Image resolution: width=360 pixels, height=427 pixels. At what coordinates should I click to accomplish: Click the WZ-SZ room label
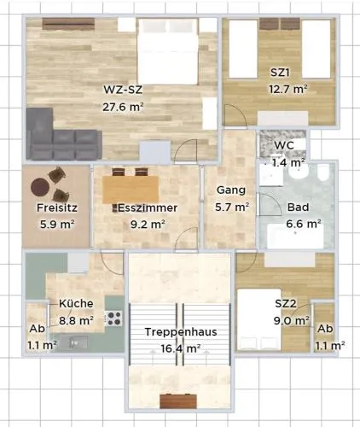pyautogui.click(x=123, y=90)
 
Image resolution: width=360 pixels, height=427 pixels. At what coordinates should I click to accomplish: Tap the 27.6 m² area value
pyautogui.click(x=123, y=107)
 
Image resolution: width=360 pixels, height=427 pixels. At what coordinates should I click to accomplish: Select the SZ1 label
pyautogui.click(x=280, y=73)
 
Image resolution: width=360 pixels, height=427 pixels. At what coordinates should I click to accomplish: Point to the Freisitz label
pyautogui.click(x=57, y=208)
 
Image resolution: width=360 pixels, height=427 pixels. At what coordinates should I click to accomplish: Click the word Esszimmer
pyautogui.click(x=148, y=208)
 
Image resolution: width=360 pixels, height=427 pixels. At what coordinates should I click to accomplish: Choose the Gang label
pyautogui.click(x=231, y=190)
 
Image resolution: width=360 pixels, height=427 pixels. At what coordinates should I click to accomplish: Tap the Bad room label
pyautogui.click(x=298, y=207)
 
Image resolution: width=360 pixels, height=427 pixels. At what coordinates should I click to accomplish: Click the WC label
pyautogui.click(x=284, y=145)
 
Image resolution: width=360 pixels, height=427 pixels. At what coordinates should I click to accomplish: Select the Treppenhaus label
pyautogui.click(x=181, y=332)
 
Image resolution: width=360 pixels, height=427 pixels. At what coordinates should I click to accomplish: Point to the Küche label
pyautogui.click(x=76, y=303)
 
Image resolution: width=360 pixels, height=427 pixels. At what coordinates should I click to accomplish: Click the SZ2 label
pyautogui.click(x=286, y=303)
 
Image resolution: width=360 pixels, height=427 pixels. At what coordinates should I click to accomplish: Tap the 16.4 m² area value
pyautogui.click(x=181, y=348)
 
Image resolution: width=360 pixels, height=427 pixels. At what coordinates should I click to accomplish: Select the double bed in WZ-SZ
pyautogui.click(x=167, y=51)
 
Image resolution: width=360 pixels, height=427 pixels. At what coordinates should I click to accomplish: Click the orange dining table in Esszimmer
pyautogui.click(x=131, y=190)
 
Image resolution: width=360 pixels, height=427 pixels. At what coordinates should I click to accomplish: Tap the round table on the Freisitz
pyautogui.click(x=40, y=187)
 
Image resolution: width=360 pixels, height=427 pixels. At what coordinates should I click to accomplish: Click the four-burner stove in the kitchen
pyautogui.click(x=114, y=319)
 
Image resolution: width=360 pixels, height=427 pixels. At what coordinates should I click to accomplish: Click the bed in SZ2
pyautogui.click(x=259, y=319)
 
